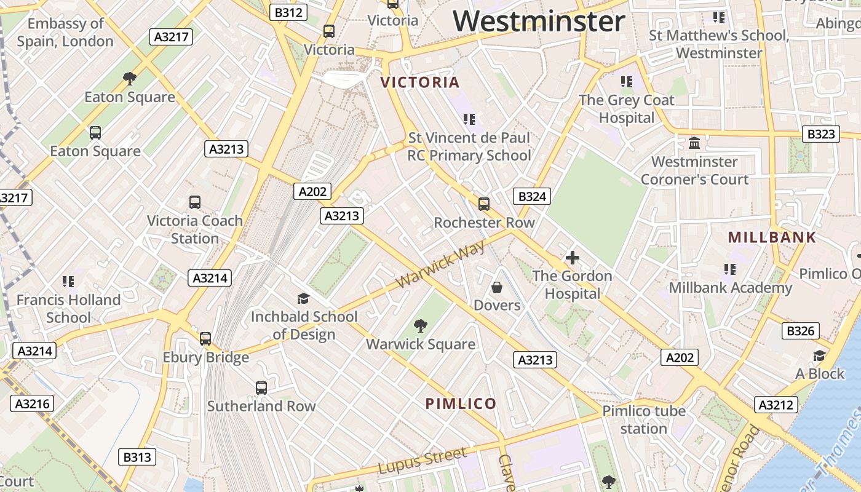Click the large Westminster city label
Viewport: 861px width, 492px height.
(x=539, y=21)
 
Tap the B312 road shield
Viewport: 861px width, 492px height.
(x=288, y=12)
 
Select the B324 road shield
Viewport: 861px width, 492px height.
(x=531, y=196)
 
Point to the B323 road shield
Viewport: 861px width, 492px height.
(x=821, y=134)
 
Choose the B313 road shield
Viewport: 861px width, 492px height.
(x=137, y=457)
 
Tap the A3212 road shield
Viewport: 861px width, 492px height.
(x=776, y=405)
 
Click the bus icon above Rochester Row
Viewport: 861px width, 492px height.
(x=484, y=204)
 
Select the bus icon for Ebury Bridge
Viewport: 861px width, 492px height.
(x=205, y=338)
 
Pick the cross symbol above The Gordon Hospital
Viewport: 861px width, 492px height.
(x=573, y=257)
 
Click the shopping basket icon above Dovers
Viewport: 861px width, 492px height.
(x=497, y=287)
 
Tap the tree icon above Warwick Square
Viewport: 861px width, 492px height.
(x=421, y=325)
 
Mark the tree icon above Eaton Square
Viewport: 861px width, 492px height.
(x=129, y=78)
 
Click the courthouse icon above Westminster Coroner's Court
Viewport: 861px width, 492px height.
(x=694, y=143)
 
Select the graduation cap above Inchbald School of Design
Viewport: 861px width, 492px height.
(x=303, y=298)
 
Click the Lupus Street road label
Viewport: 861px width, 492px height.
(x=422, y=461)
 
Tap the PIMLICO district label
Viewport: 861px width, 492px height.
(x=461, y=403)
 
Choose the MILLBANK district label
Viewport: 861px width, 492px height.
(x=772, y=237)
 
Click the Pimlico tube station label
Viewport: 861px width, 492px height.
(x=643, y=419)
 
